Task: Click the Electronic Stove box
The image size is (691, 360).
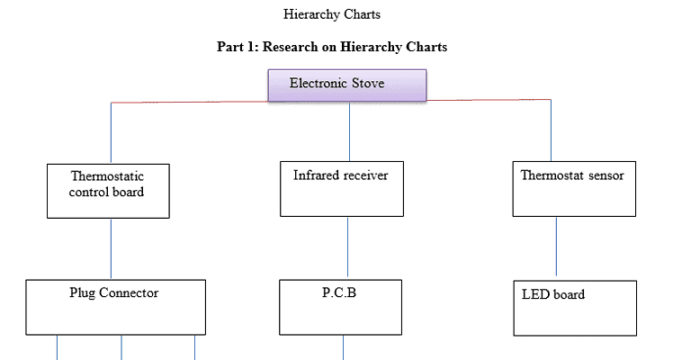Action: tap(347, 85)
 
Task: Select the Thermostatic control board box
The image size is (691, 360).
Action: tap(108, 190)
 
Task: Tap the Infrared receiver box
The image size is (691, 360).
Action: tap(342, 189)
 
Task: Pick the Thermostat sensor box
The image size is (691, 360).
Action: tap(574, 189)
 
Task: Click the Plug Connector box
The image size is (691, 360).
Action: tap(115, 307)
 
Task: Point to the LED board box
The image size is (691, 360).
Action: tap(574, 308)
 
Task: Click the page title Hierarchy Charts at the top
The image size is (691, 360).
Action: tap(332, 14)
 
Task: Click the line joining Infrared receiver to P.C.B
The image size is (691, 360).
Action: tap(348, 248)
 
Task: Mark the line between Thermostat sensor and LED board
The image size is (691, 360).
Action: tap(555, 246)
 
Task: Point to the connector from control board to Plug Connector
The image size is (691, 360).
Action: tap(112, 248)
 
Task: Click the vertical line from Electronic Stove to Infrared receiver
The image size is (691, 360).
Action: tap(350, 131)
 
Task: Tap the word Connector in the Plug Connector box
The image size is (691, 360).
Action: tap(130, 292)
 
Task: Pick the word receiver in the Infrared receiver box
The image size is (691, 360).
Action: tap(365, 175)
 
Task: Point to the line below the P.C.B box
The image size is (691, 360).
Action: tap(343, 347)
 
